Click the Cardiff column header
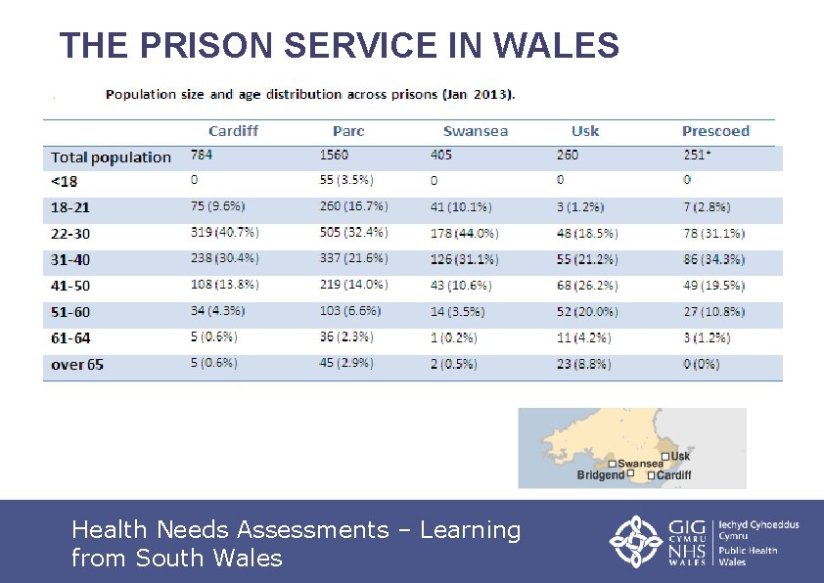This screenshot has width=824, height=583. click(x=233, y=131)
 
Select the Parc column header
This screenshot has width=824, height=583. click(x=348, y=131)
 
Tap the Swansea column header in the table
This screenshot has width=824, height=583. click(x=475, y=131)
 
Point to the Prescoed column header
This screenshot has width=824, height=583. click(x=715, y=131)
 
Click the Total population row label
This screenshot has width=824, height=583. click(x=111, y=157)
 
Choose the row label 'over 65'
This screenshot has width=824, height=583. click(x=77, y=365)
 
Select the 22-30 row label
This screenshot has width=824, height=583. click(x=70, y=234)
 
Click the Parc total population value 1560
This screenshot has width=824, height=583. click(x=335, y=156)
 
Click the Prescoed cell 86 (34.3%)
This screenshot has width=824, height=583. click(x=713, y=259)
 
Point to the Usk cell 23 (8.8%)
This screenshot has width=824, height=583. click(x=583, y=364)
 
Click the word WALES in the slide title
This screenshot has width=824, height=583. click(x=557, y=46)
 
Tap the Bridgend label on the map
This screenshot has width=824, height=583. click(x=600, y=475)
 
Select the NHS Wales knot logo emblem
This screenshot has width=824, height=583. click(x=637, y=541)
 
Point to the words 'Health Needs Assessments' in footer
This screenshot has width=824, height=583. click(x=230, y=530)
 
